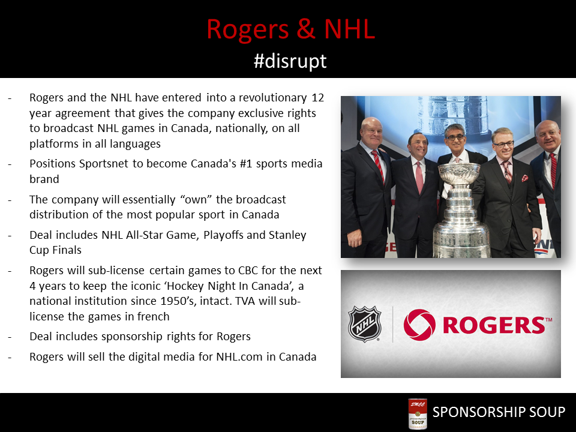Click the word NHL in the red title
(349, 28)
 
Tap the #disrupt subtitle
(290, 61)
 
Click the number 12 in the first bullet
(318, 98)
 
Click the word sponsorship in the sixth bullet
(132, 337)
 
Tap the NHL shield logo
(364, 324)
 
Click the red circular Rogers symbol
(419, 325)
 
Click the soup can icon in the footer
(418, 413)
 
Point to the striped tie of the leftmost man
(379, 166)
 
